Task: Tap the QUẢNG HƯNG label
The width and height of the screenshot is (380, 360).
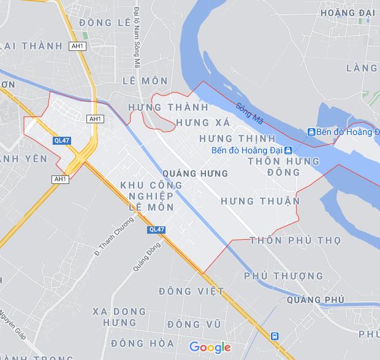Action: point(196,174)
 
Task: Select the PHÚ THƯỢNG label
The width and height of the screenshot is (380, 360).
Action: point(283,276)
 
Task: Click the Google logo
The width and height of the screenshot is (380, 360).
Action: point(210,347)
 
